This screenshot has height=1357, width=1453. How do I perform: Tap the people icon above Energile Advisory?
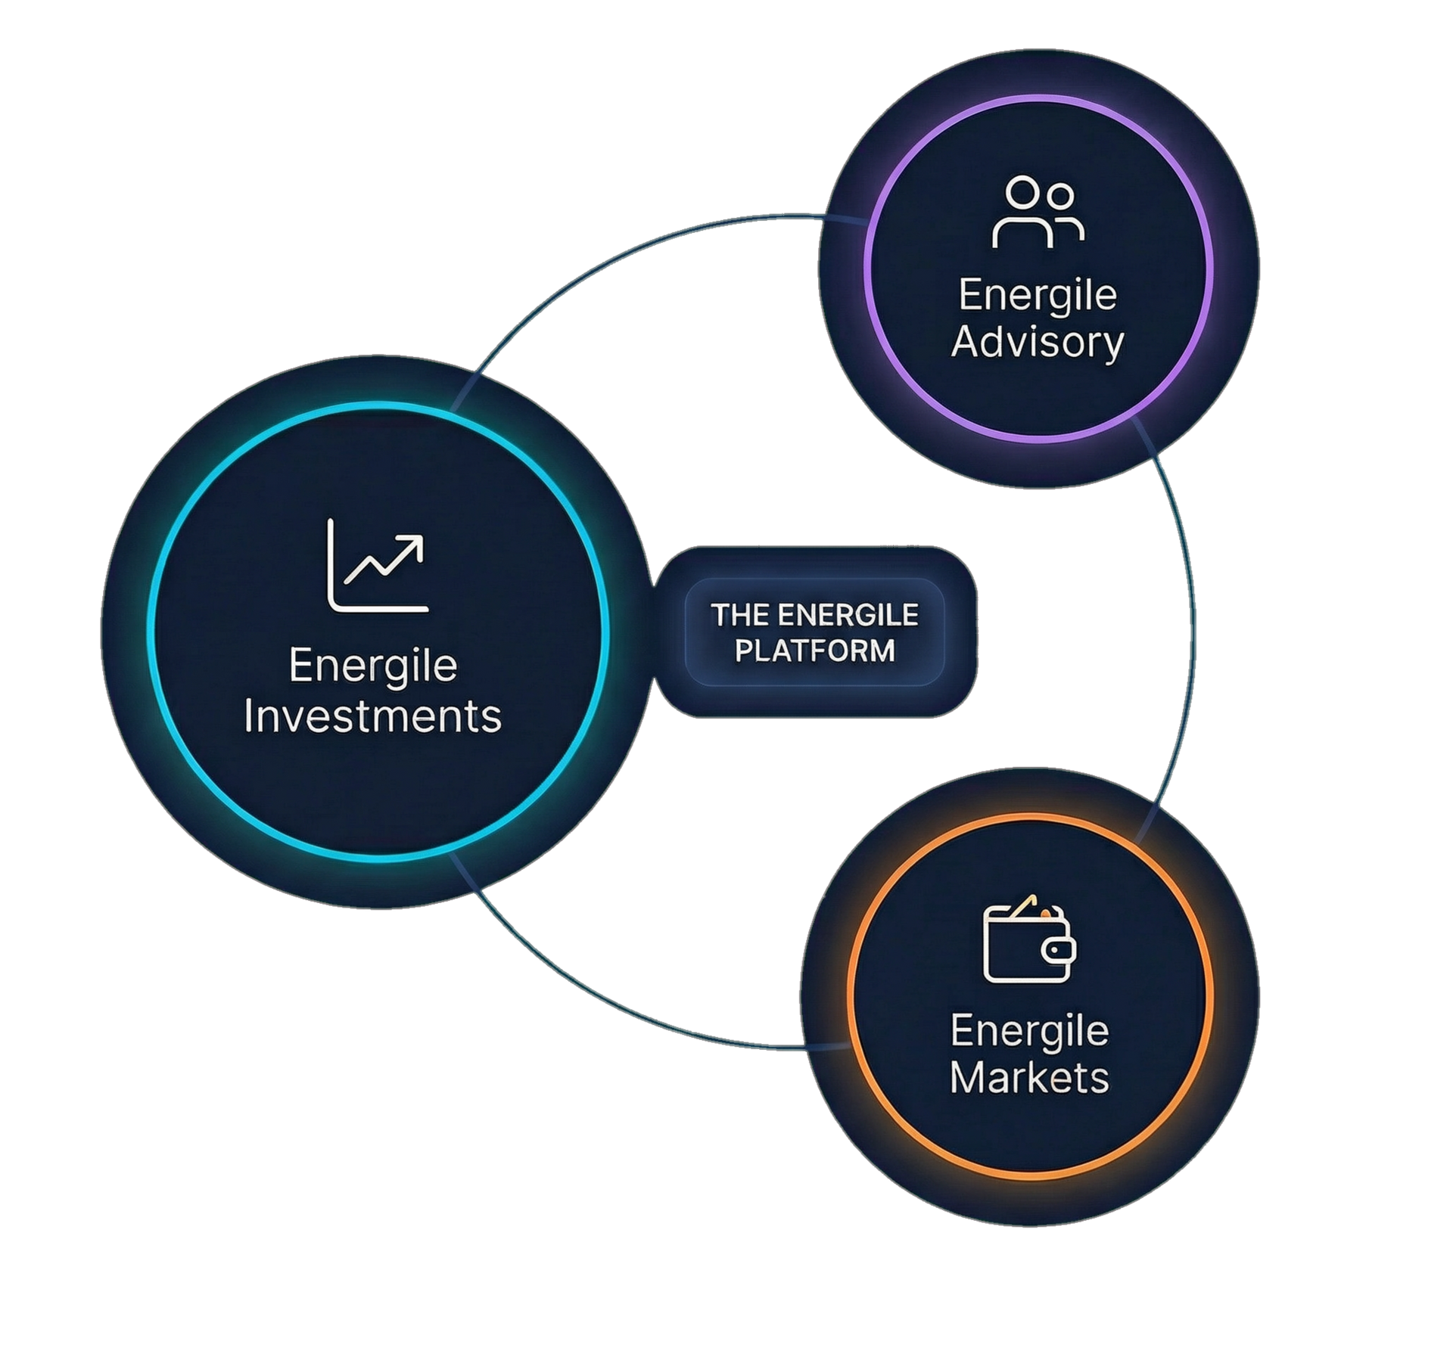click(1038, 213)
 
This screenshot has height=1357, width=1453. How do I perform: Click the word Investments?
click(372, 716)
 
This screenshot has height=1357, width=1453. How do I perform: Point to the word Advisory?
click(1037, 342)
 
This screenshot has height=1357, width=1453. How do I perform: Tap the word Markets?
click(1029, 1077)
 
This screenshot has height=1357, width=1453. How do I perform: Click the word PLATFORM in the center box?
click(815, 651)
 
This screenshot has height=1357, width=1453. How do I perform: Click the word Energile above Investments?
click(373, 666)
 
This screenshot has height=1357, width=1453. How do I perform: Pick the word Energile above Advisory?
click(1038, 294)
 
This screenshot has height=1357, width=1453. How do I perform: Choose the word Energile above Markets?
click(1029, 1030)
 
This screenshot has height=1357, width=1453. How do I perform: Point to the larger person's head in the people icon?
click(1022, 192)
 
